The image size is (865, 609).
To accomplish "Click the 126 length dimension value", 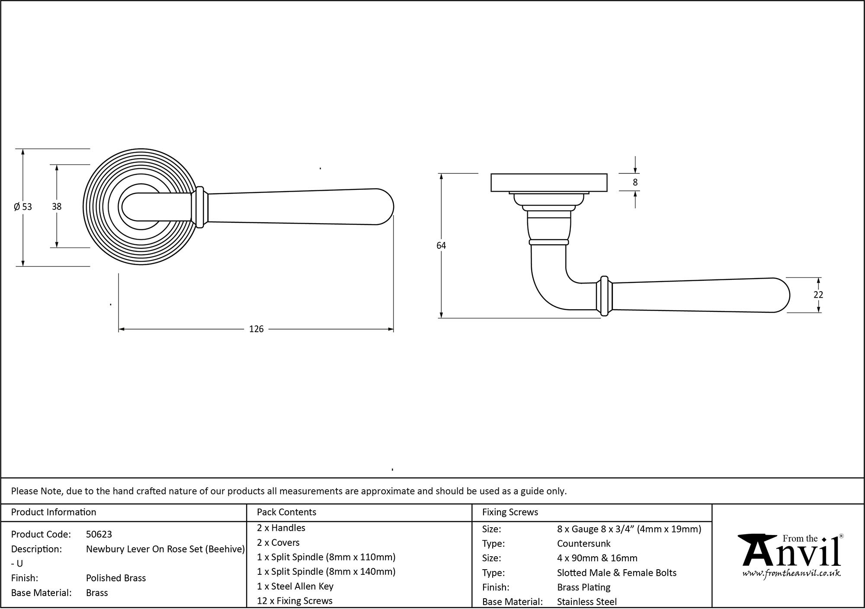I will pyautogui.click(x=256, y=329).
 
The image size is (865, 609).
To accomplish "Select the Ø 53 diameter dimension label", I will pyautogui.click(x=23, y=207).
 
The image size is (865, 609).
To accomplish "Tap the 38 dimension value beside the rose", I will pyautogui.click(x=57, y=207).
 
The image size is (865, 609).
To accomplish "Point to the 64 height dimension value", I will pyautogui.click(x=441, y=246).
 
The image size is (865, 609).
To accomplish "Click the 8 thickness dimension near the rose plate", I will pyautogui.click(x=635, y=183).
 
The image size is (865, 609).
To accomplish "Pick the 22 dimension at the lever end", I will pyautogui.click(x=818, y=295).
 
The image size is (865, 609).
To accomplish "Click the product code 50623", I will pyautogui.click(x=99, y=534).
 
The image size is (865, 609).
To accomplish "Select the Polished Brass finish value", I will pyautogui.click(x=116, y=578).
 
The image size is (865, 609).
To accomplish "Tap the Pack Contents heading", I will pyautogui.click(x=286, y=512).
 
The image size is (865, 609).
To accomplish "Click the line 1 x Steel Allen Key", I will pyautogui.click(x=295, y=586).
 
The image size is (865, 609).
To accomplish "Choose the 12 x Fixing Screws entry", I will pyautogui.click(x=295, y=601).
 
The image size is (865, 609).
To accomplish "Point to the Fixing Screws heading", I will pyautogui.click(x=510, y=512).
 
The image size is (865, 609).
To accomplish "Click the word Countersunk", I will pyautogui.click(x=583, y=544).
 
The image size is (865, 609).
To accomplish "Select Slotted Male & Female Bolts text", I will pyautogui.click(x=616, y=573).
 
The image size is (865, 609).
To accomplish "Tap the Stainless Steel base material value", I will pyautogui.click(x=586, y=602).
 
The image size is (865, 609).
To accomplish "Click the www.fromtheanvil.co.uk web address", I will pyautogui.click(x=791, y=574).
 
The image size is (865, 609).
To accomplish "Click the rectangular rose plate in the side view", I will pyautogui.click(x=549, y=183).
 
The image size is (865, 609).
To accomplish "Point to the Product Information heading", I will pyautogui.click(x=54, y=512).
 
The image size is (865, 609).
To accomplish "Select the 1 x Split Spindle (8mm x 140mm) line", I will pyautogui.click(x=326, y=571).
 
